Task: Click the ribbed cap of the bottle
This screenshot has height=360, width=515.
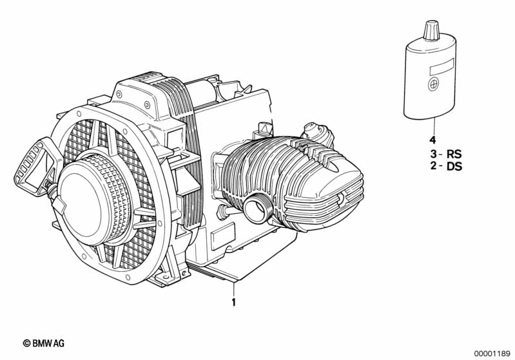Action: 431,30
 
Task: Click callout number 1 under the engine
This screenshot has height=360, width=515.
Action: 234,301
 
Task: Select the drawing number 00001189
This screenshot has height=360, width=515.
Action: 492,352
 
